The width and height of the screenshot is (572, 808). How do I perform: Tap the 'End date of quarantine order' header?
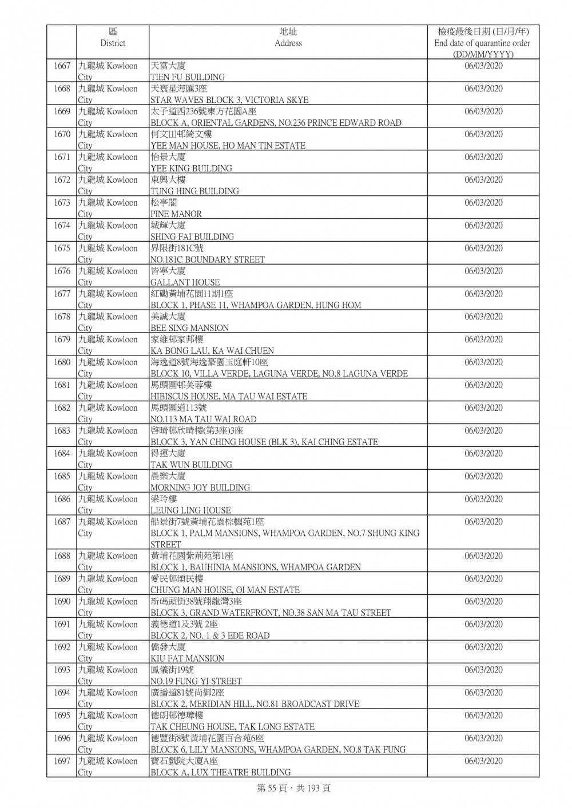pos(483,43)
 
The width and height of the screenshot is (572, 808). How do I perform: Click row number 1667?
pos(62,66)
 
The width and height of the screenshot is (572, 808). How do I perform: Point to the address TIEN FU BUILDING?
pos(187,77)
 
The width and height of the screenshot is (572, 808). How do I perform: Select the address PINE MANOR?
pos(176,214)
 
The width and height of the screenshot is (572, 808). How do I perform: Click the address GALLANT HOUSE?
pos(185,282)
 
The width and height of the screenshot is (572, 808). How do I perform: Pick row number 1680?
pos(62,362)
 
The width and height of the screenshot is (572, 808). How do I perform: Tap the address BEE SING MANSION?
pos(189,328)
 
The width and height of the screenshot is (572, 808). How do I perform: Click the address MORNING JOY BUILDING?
pos(200,487)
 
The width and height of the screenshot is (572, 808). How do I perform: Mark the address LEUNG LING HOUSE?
pos(190,510)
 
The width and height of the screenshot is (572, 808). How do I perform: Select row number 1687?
pos(62,522)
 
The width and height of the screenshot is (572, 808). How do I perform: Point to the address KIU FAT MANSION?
pos(187,658)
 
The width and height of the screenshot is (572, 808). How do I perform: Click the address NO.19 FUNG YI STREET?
pos(196,681)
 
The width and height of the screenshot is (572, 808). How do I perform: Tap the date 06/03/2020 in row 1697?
pos(483,761)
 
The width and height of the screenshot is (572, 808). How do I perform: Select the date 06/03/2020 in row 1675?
pos(483,249)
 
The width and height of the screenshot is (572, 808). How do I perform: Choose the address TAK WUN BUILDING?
pos(191,465)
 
